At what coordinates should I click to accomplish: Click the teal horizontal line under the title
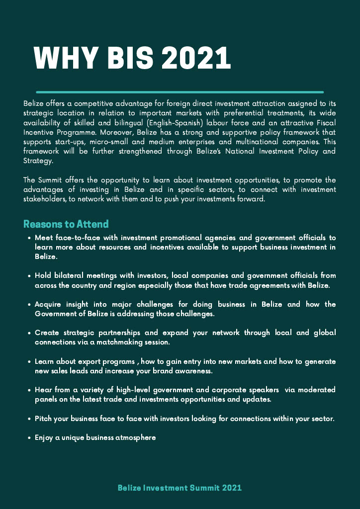pyautogui.click(x=180, y=92)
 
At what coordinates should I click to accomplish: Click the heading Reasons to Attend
pyautogui.click(x=66, y=224)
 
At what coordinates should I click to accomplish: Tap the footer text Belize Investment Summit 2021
pyautogui.click(x=180, y=488)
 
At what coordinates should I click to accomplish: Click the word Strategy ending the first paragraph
pyautogui.click(x=38, y=161)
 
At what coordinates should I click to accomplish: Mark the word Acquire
pyautogui.click(x=49, y=304)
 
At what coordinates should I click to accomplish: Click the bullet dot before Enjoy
pyautogui.click(x=30, y=438)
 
